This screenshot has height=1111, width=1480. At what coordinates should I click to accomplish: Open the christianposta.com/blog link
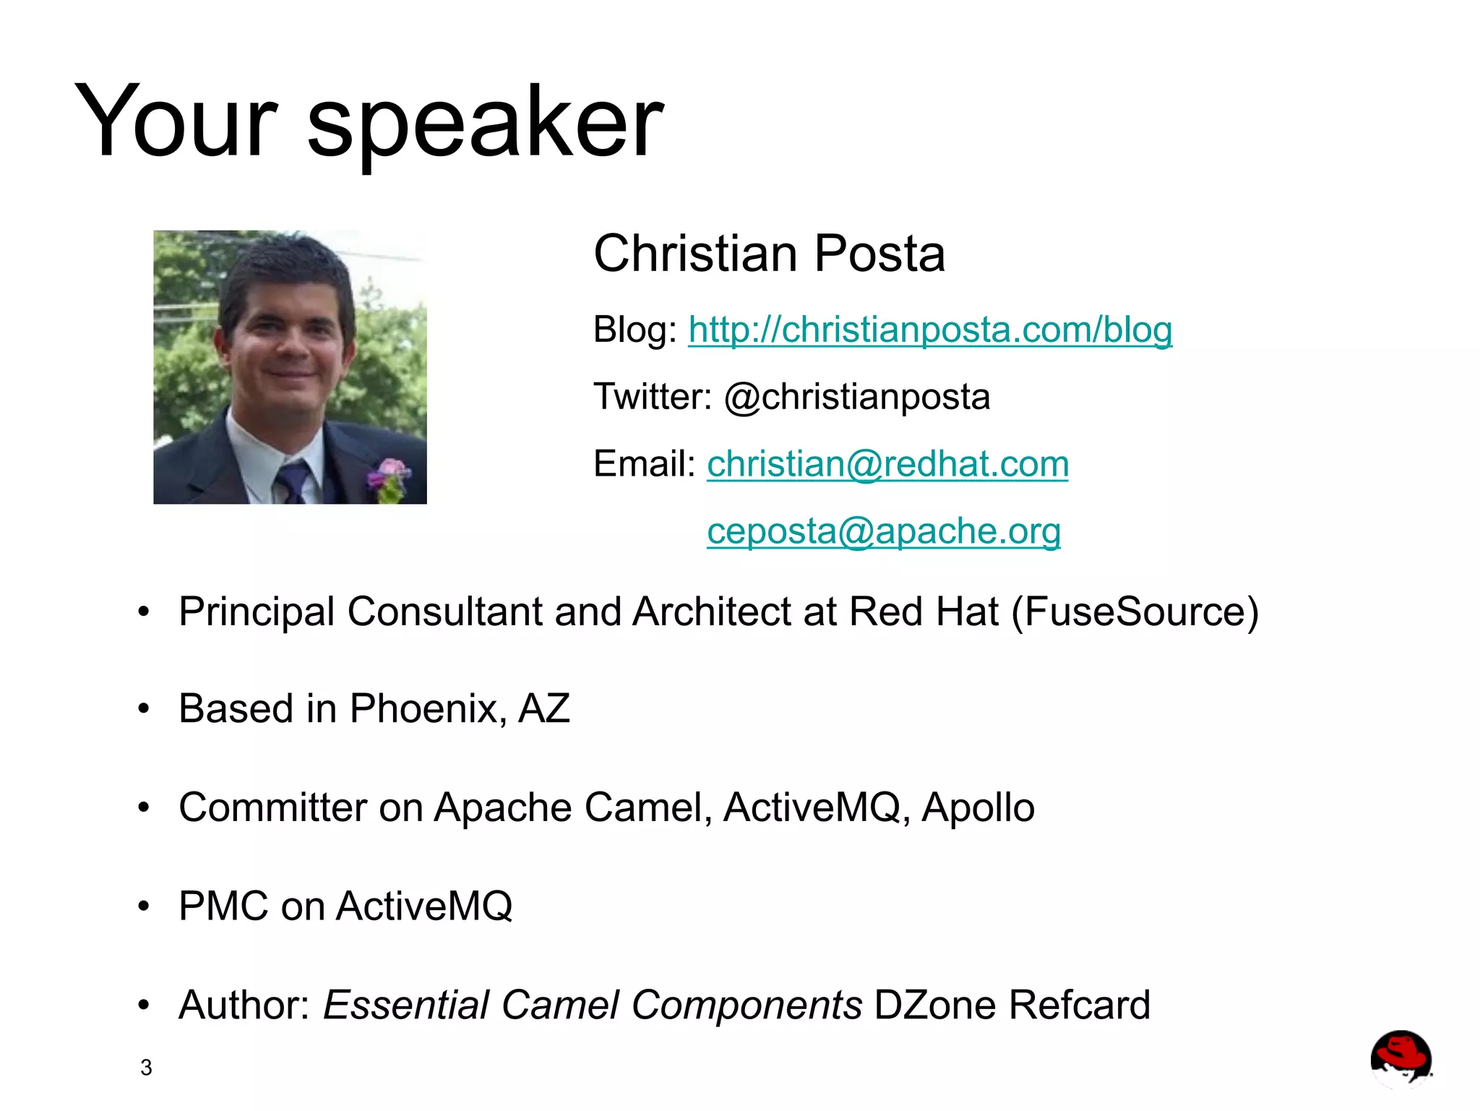point(929,330)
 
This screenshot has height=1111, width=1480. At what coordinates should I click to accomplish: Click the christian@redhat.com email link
point(887,464)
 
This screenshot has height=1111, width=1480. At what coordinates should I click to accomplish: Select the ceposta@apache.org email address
point(883,531)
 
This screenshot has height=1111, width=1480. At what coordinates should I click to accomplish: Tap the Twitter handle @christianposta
point(857,397)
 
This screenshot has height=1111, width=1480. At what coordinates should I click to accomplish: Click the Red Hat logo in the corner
point(1401,1058)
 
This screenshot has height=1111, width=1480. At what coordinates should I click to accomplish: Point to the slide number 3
point(146,1068)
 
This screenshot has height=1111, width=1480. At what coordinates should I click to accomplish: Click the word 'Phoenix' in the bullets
point(427,708)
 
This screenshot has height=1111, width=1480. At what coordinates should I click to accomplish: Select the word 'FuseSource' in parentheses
point(1135,612)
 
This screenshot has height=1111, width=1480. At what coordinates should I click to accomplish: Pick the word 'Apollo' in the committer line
point(978,807)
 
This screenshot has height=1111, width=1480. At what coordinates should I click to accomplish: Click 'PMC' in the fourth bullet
point(224,906)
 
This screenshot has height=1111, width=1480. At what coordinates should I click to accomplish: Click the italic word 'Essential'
point(405,1005)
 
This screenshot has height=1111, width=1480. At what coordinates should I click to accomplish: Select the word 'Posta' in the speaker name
point(879,254)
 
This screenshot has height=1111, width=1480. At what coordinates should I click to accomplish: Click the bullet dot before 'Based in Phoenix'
point(144,709)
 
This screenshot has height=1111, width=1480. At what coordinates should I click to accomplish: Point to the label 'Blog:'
point(634,330)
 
